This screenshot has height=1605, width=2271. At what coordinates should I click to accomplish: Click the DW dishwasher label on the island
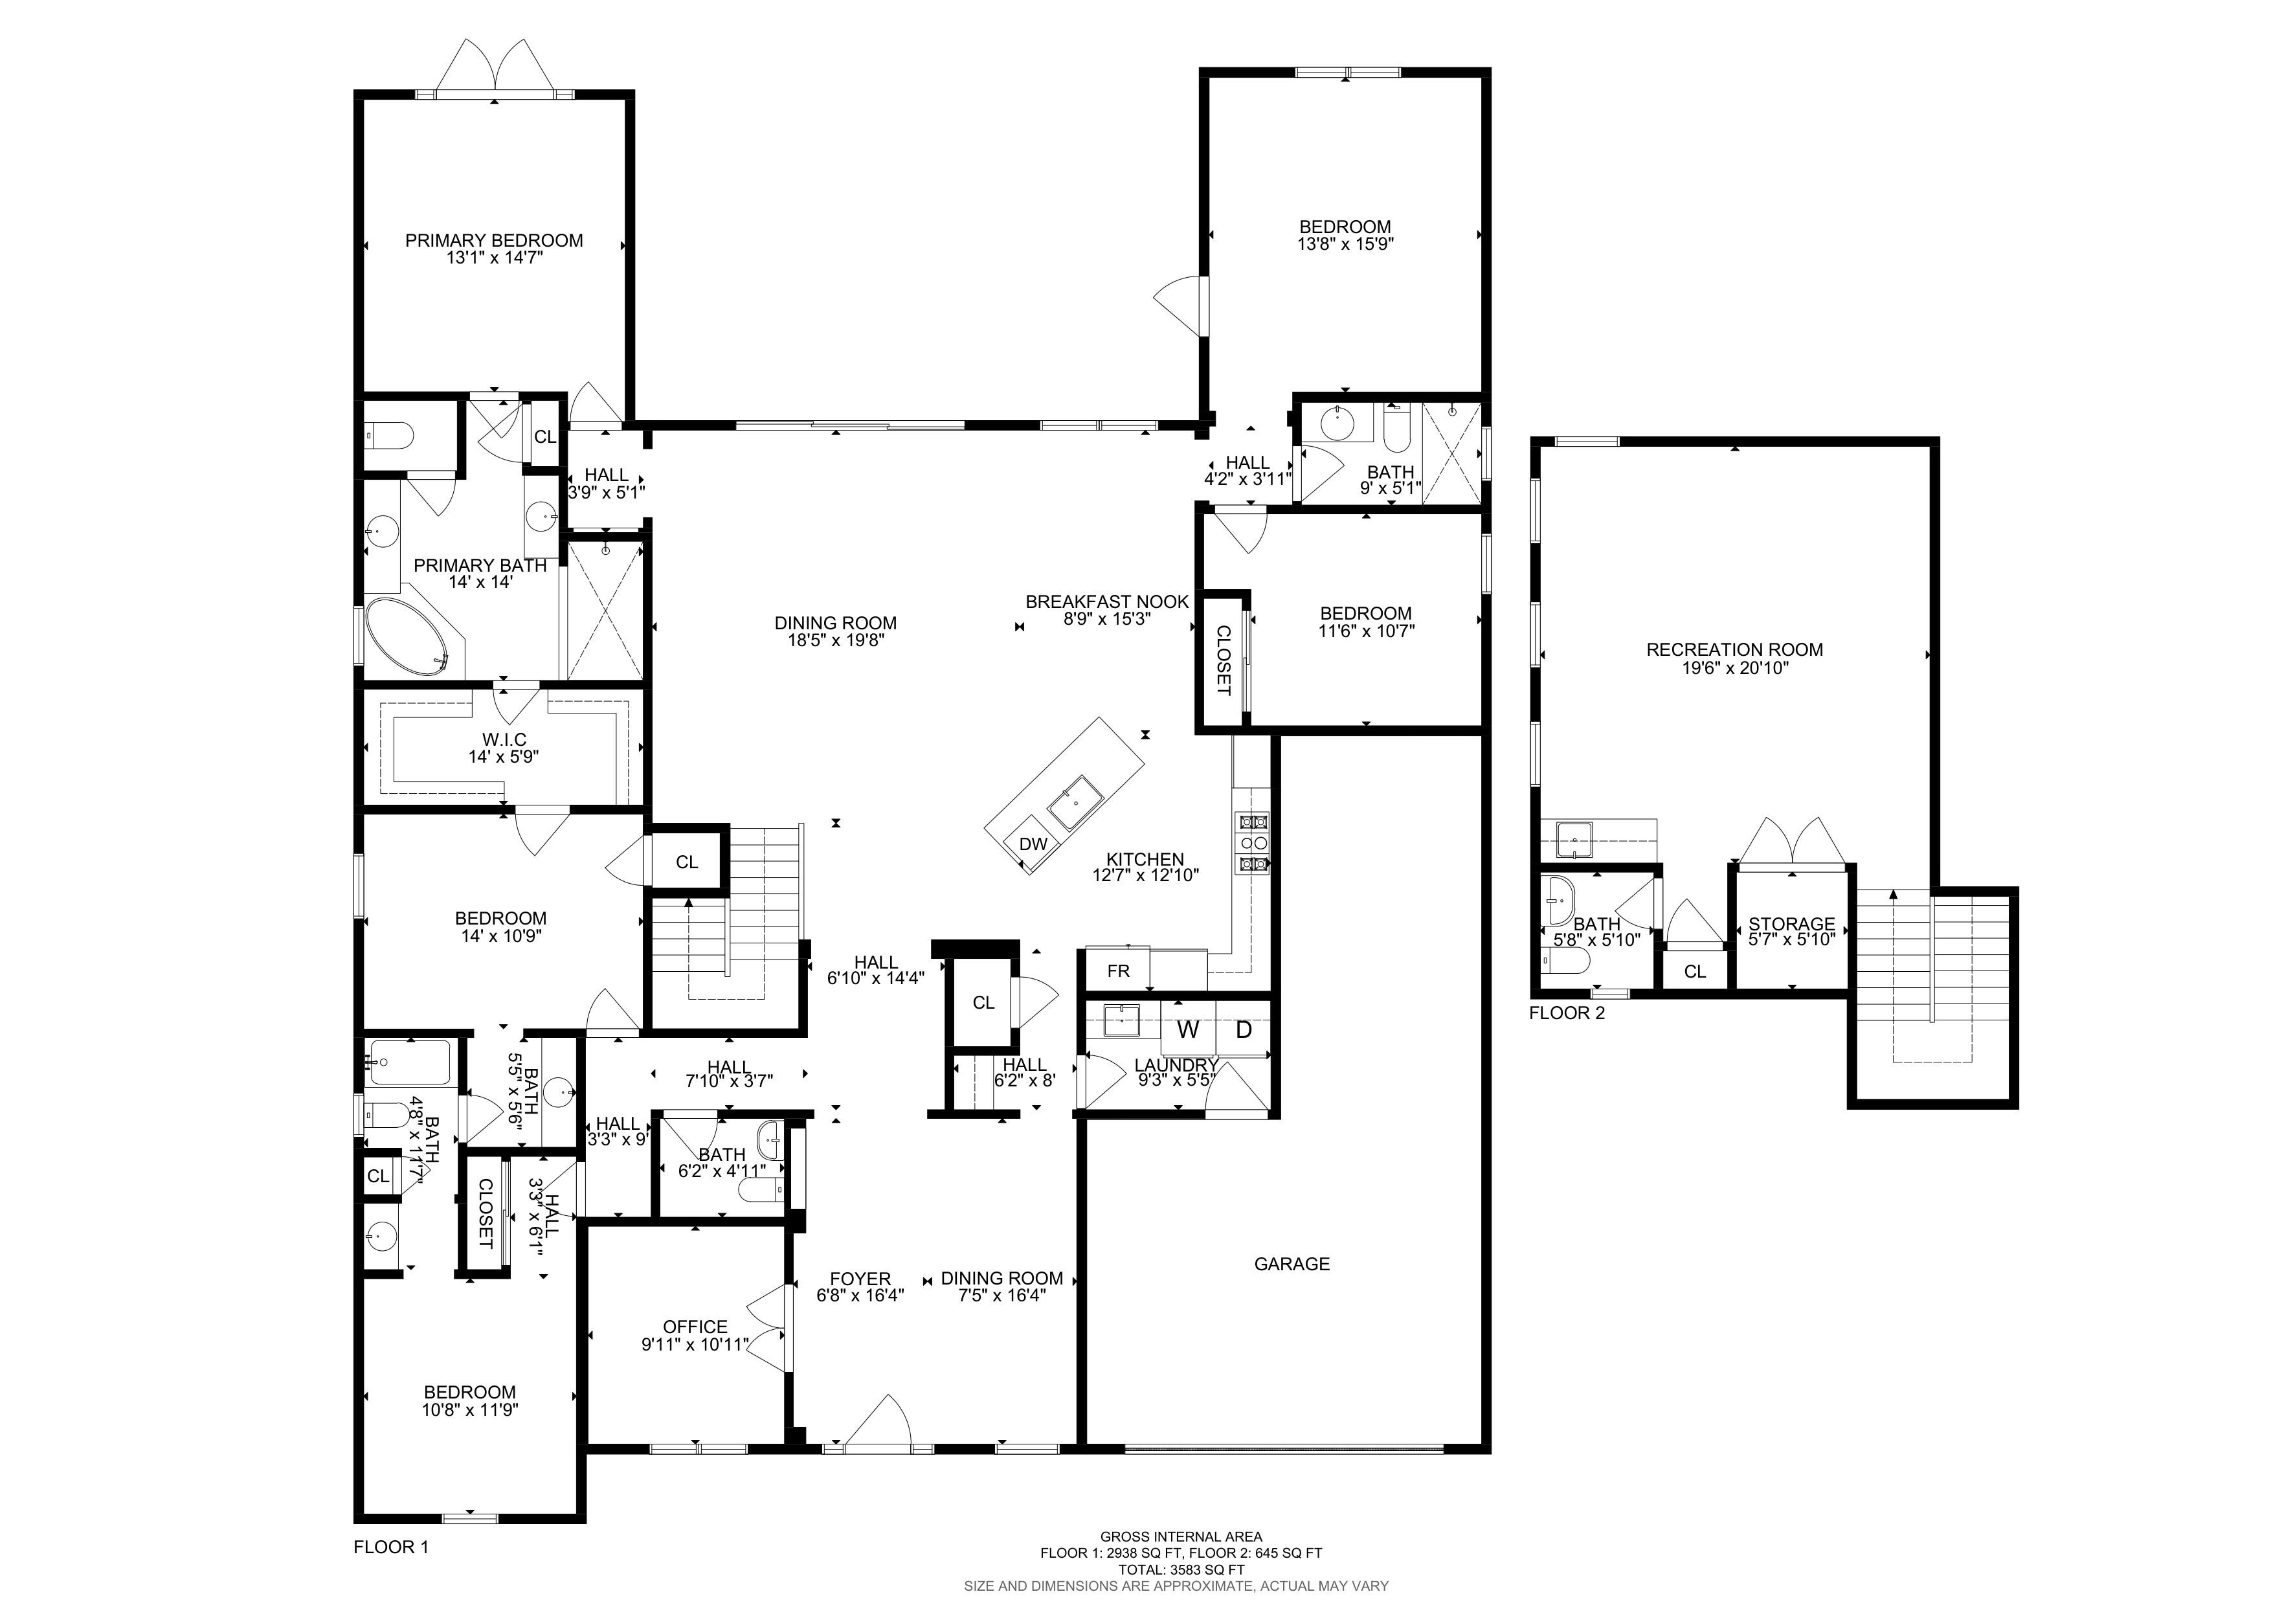[1033, 844]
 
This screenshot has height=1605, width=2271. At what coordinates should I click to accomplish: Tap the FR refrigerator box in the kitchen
[1117, 970]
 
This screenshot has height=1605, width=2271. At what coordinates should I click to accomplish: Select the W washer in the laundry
[1188, 1029]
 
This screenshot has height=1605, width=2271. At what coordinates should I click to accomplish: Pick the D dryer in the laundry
[1244, 1029]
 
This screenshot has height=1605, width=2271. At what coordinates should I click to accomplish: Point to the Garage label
[1292, 1263]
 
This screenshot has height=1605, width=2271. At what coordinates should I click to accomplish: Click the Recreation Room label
[1734, 650]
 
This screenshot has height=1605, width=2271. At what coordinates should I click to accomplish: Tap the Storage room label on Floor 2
[1791, 924]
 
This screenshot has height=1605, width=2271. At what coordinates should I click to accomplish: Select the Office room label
[695, 1326]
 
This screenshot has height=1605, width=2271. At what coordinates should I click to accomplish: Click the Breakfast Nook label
[1107, 601]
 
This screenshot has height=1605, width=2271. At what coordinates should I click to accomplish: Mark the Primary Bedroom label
[493, 240]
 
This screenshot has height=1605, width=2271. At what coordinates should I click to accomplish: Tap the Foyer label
[860, 1279]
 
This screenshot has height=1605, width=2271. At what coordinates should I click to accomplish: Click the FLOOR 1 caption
[391, 1547]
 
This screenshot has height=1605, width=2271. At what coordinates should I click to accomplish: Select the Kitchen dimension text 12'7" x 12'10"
[1145, 875]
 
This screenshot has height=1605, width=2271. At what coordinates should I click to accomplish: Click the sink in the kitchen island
[1075, 802]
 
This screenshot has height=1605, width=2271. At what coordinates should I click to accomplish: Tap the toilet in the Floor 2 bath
[1566, 961]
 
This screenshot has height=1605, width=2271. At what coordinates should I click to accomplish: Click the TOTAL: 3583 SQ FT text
[1181, 1569]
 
